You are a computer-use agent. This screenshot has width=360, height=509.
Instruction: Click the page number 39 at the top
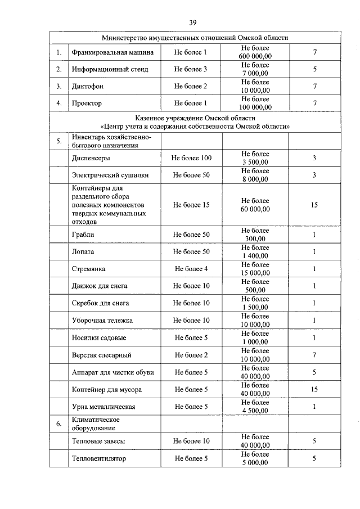click(192, 22)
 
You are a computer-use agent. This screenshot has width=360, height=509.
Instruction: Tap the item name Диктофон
click(88, 87)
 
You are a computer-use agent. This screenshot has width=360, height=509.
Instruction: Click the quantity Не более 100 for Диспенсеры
click(191, 158)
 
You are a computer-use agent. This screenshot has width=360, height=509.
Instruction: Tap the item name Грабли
click(83, 234)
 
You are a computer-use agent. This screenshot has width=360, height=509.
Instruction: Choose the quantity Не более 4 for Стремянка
click(191, 269)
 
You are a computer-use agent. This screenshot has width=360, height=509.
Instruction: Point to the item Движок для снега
click(100, 286)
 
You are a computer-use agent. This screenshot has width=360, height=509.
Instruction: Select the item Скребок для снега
click(101, 303)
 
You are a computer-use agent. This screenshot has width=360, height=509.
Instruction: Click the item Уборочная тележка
click(102, 320)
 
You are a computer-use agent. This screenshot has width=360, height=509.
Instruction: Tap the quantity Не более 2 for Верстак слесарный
click(191, 355)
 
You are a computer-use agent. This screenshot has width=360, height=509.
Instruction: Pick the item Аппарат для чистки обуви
click(113, 372)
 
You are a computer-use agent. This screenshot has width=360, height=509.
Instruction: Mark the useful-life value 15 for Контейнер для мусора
click(314, 389)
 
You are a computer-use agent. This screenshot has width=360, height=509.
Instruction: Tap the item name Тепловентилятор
click(99, 458)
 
